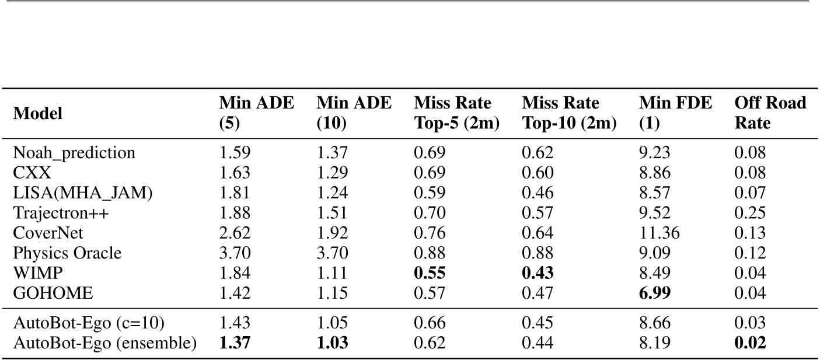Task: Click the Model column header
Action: [x=37, y=113]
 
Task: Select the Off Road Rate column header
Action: [x=770, y=113]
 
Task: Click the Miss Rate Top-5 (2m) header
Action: [x=457, y=113]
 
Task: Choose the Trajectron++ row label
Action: [x=61, y=214]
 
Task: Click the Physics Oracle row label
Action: [x=67, y=254]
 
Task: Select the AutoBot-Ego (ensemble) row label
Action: [x=104, y=342]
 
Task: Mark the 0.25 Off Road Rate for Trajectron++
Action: [x=749, y=214]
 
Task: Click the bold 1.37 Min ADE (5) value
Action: [x=235, y=342]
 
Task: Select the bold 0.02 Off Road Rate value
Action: [x=749, y=342]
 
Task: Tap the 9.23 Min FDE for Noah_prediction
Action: [x=654, y=153]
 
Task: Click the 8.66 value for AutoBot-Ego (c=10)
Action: [x=654, y=323]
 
